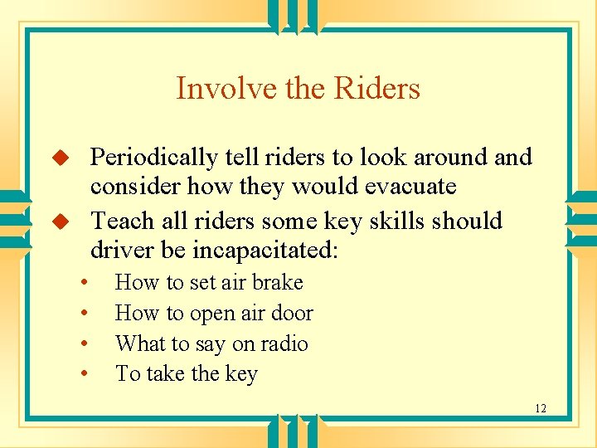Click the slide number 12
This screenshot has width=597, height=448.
pyautogui.click(x=541, y=408)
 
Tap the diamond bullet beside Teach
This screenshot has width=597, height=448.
pyautogui.click(x=59, y=222)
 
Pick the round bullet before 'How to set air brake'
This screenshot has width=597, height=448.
pyautogui.click(x=85, y=284)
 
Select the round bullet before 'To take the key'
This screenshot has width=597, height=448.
pyautogui.click(x=85, y=375)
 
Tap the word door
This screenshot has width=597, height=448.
pyautogui.click(x=295, y=314)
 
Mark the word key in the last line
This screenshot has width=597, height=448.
pyautogui.click(x=241, y=375)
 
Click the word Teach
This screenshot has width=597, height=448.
pyautogui.click(x=123, y=222)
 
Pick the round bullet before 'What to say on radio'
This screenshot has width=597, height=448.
pyautogui.click(x=85, y=344)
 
